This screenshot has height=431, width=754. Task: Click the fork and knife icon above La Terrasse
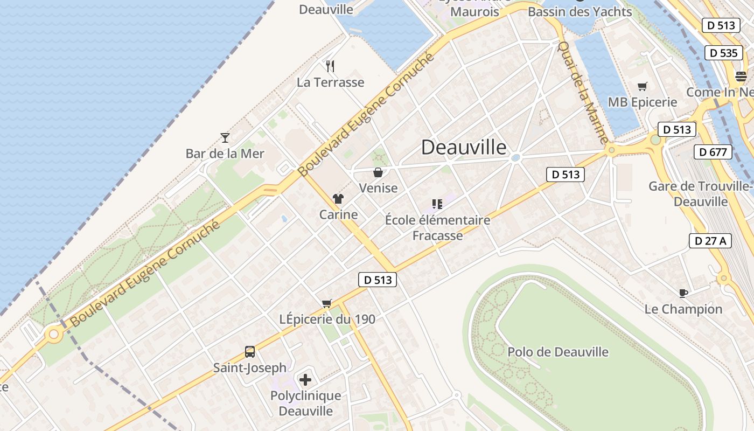[x=330, y=66]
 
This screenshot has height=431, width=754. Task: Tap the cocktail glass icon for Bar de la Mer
[x=225, y=138]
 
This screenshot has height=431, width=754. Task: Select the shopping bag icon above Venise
[x=378, y=172]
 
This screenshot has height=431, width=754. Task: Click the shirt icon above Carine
[x=338, y=199]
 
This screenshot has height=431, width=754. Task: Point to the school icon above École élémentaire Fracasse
[x=437, y=204]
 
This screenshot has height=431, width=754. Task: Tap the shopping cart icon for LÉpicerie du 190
[x=326, y=303]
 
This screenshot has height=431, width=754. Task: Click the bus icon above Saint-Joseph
[x=250, y=352]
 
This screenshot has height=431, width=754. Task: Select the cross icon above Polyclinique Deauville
[x=305, y=380]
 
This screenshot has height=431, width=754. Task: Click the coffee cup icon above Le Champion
[x=683, y=293]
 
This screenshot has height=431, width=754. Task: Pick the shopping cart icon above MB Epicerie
[x=642, y=86]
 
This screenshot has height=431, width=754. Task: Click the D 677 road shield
[x=713, y=152]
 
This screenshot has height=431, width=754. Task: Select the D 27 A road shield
[x=710, y=241]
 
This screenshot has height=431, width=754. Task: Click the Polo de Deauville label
[x=558, y=352]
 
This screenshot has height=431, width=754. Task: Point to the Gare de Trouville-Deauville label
[x=700, y=194]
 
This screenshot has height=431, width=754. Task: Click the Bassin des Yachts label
[x=580, y=11]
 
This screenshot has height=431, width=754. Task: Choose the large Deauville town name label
[x=464, y=147]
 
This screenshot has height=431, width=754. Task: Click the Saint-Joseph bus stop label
[x=250, y=368]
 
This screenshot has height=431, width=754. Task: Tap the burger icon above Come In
[x=741, y=77]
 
